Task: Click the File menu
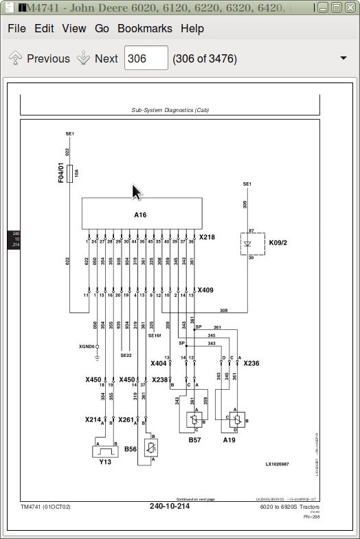tap(16, 28)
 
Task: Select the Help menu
tap(192, 28)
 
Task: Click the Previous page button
tap(40, 58)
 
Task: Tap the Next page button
tap(98, 58)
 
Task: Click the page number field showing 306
tap(146, 58)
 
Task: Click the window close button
tap(350, 8)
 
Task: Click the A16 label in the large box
tap(140, 214)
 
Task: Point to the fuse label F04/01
tap(61, 172)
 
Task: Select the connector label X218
tap(207, 237)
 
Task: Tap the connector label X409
tap(205, 290)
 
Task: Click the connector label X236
tap(251, 363)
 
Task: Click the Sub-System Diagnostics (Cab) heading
tap(170, 110)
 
